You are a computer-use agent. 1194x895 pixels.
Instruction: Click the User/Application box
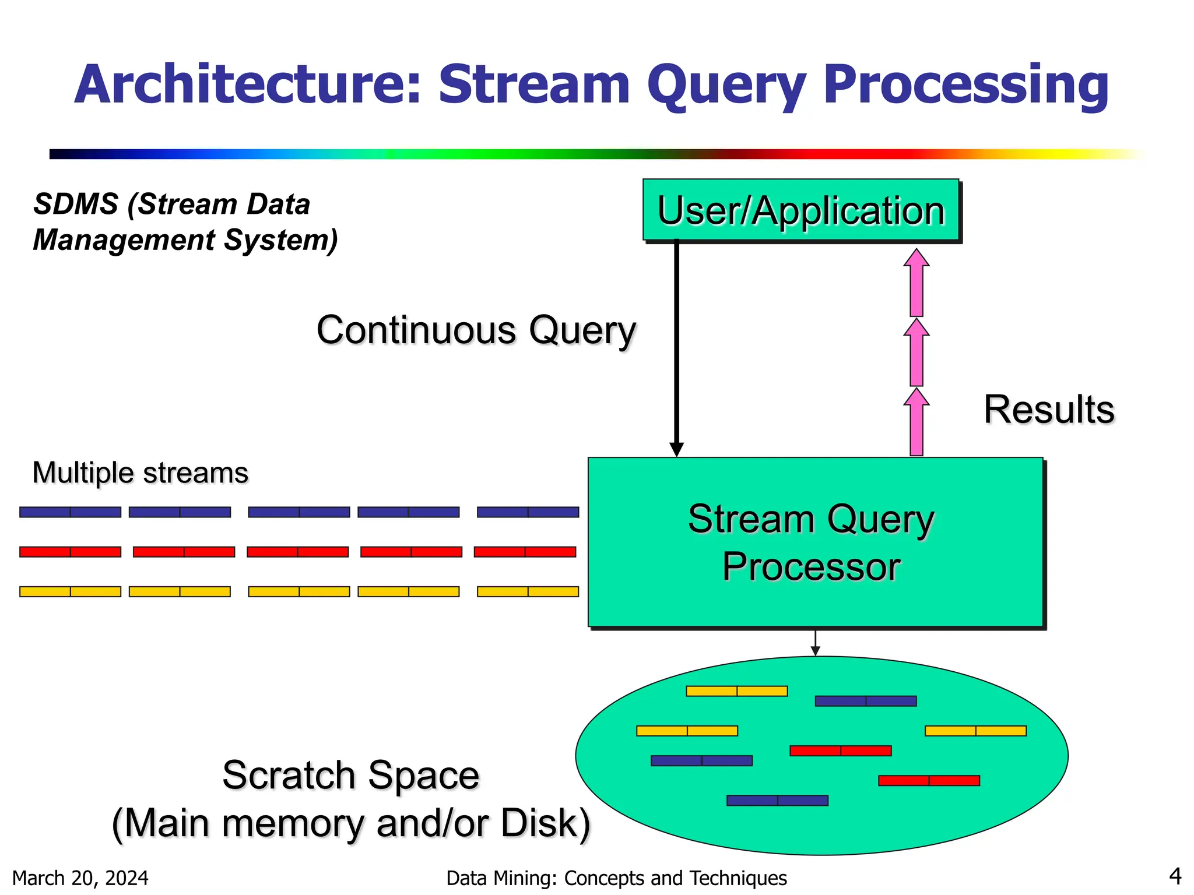tap(801, 210)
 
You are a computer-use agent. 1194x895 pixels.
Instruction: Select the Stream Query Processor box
tap(814, 542)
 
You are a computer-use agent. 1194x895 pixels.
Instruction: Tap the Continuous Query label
tap(476, 330)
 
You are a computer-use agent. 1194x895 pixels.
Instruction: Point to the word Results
tap(1049, 409)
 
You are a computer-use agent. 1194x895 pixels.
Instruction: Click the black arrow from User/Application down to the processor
tap(676, 350)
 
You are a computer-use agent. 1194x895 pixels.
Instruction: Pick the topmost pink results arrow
tap(916, 283)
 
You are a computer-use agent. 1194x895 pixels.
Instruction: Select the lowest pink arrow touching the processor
tap(916, 422)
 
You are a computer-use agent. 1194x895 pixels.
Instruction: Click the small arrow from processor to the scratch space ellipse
tap(815, 643)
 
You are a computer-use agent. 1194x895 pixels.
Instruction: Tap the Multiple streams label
tap(141, 473)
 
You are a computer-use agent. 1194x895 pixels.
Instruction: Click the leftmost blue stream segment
tap(70, 512)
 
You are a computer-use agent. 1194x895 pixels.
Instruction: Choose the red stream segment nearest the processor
tap(525, 552)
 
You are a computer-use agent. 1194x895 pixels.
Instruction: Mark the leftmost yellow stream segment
tap(70, 591)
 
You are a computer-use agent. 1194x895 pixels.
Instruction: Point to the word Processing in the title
tap(965, 85)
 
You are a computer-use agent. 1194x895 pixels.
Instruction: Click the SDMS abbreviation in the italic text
tap(76, 205)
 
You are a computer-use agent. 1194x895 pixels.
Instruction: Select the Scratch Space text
tap(350, 776)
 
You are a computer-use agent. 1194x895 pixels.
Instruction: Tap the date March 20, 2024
tap(80, 878)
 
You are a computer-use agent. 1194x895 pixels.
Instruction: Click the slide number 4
tap(1175, 876)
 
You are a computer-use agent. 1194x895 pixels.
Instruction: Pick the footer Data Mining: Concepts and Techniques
tap(616, 878)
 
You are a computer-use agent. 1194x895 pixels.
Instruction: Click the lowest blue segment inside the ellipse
tap(777, 801)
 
